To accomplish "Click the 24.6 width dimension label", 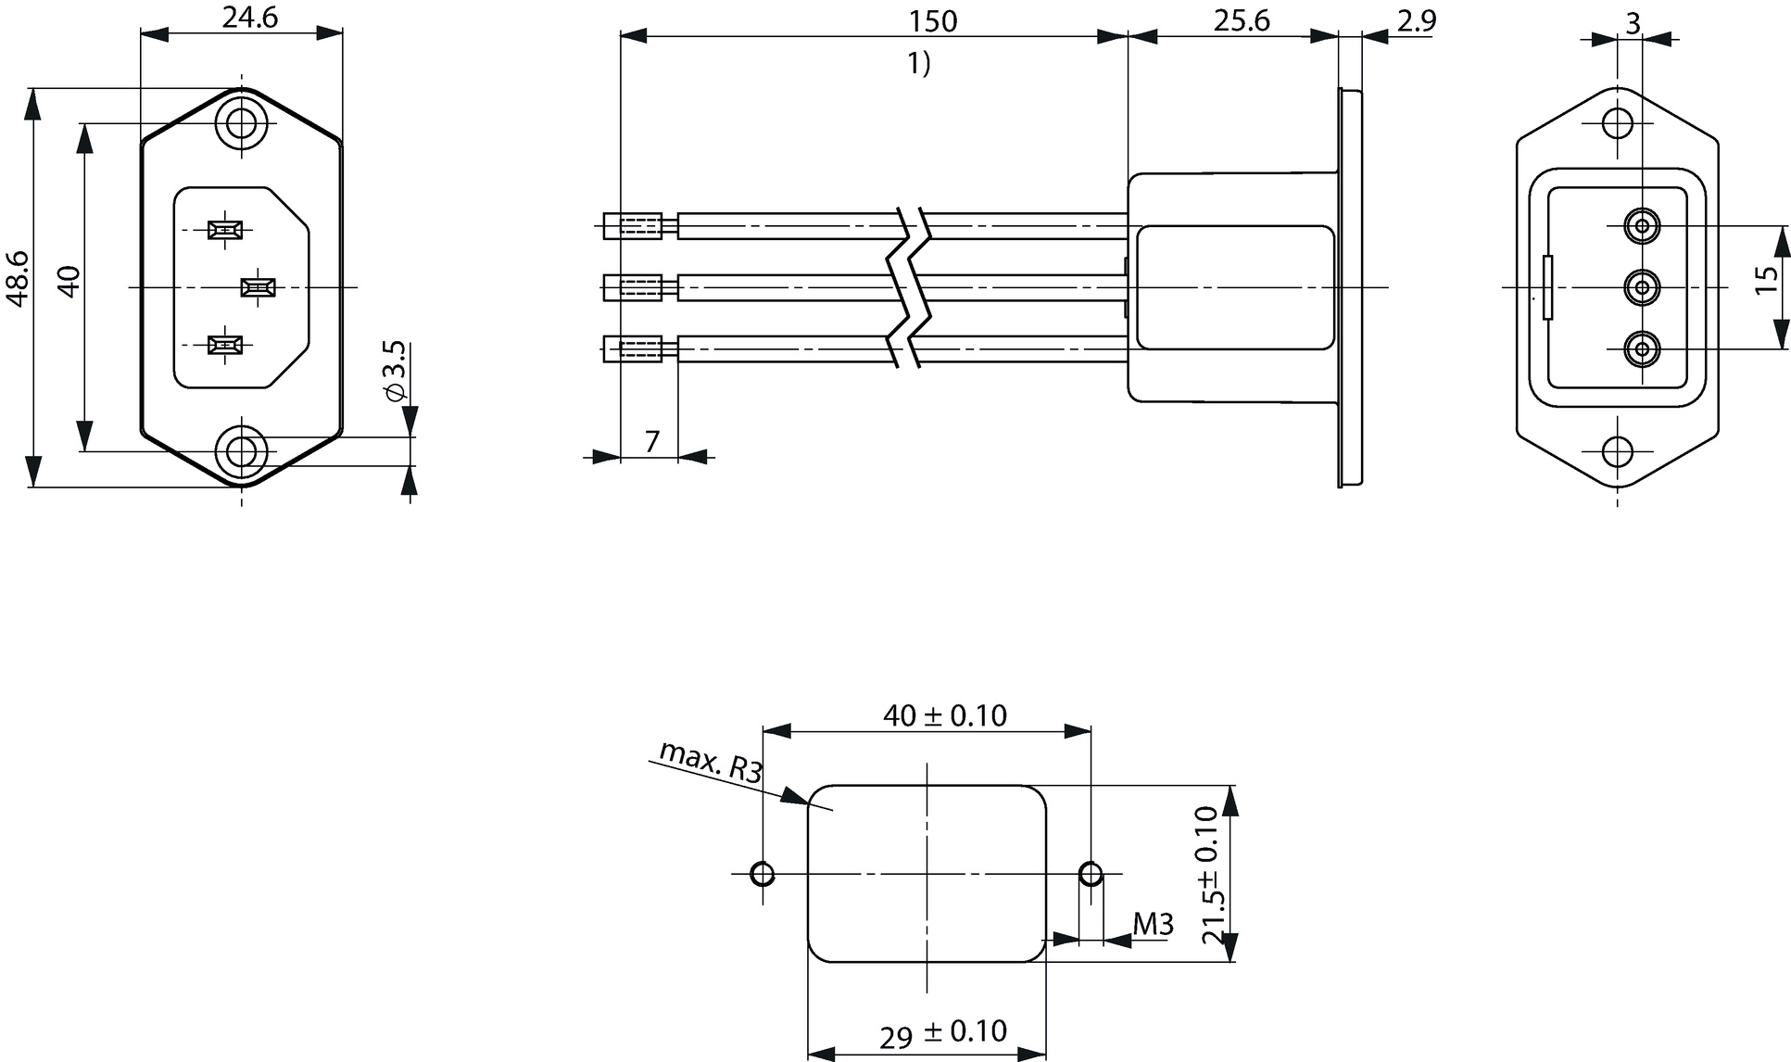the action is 249,17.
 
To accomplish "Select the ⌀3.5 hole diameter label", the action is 393,371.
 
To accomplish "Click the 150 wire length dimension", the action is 933,20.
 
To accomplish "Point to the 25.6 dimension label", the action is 1242,19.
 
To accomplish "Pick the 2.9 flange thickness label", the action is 1416,19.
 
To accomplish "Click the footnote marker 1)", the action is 919,64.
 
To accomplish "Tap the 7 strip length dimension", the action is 651,442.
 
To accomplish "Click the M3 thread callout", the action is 1154,924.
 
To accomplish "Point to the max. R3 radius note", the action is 711,762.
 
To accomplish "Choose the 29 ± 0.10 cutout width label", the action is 942,1033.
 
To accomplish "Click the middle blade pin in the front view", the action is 258,287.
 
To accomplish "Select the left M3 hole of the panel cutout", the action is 763,874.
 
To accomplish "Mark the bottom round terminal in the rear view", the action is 1643,350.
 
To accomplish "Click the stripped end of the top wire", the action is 633,226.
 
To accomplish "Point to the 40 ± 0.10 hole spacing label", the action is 944,715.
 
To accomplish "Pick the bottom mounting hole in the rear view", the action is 1618,451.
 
